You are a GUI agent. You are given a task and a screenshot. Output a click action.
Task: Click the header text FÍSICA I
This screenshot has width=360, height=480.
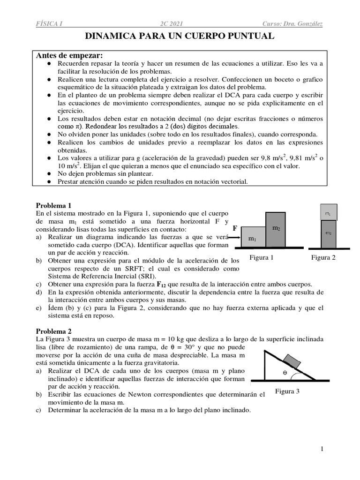coord(49,23)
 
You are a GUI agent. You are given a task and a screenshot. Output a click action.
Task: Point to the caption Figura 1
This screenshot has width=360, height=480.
coord(261,257)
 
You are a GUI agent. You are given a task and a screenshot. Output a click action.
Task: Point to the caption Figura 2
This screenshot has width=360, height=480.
coord(324,257)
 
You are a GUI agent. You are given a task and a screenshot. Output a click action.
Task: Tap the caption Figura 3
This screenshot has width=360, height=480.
coord(287,391)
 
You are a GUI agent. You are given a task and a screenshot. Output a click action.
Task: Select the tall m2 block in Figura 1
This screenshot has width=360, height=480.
coord(275,229)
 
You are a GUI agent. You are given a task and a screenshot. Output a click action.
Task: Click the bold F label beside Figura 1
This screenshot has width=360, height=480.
coord(235,228)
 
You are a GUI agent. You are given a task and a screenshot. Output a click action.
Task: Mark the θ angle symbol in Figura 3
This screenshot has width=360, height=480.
coord(285,373)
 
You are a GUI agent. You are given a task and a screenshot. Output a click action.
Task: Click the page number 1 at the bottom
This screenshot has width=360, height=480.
coord(322,449)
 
